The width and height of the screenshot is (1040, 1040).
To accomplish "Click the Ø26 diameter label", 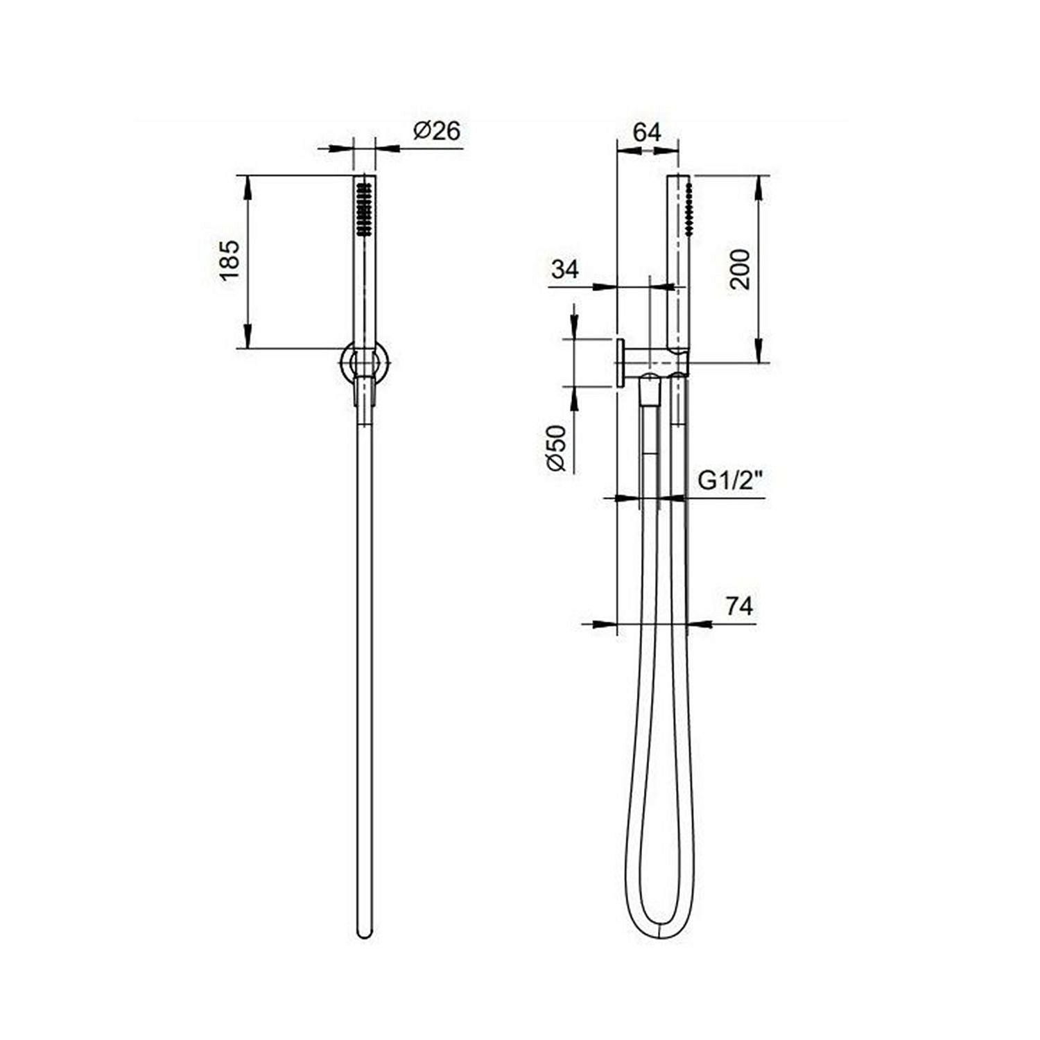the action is (437, 130).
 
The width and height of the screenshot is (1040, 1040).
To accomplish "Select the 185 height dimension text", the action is (229, 260).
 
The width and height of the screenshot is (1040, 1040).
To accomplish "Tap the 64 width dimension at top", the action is (647, 132).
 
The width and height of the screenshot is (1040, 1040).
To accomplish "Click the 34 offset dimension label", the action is (565, 269).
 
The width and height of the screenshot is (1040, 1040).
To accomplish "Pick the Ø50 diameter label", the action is (556, 449).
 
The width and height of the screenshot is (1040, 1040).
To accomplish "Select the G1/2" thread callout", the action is (730, 480).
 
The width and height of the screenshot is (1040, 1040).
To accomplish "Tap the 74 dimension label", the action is (739, 606).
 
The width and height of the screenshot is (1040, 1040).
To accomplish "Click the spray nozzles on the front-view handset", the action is (363, 208).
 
